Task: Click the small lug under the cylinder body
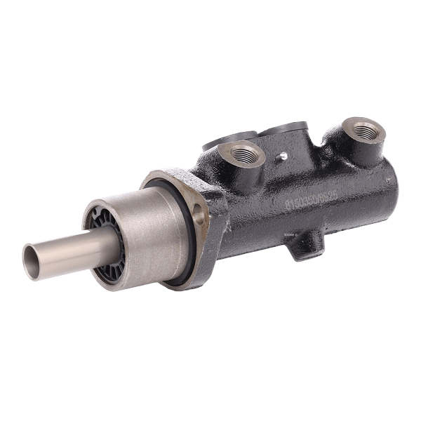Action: point(304,246)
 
